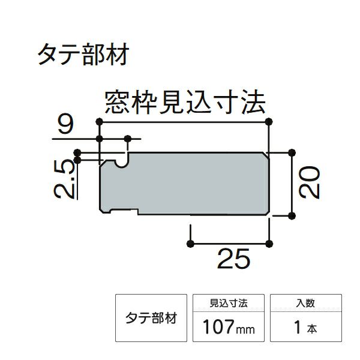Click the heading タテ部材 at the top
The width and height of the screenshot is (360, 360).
[83, 55]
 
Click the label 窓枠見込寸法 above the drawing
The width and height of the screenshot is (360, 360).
[185, 102]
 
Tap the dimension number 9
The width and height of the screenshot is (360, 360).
[65, 125]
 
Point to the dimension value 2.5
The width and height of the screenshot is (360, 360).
[65, 179]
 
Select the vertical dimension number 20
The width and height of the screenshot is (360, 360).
[309, 182]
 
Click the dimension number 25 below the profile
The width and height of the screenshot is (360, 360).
[233, 259]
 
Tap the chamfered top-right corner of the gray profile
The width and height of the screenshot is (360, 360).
[265, 155]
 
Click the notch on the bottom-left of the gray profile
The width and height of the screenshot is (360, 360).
[124, 211]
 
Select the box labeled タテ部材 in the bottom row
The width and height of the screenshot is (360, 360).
[151, 318]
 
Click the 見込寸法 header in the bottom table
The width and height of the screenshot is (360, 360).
[229, 303]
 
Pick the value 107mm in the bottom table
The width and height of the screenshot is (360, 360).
[229, 327]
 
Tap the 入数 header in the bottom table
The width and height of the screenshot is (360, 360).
[305, 303]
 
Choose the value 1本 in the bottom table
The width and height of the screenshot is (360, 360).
[305, 327]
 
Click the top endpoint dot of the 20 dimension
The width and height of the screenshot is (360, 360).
[292, 152]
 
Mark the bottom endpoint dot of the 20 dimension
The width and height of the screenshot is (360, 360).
[292, 216]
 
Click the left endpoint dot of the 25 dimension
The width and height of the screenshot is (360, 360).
[191, 244]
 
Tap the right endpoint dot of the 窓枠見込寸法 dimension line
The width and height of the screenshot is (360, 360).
[269, 122]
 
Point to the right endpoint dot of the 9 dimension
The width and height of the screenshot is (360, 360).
[128, 139]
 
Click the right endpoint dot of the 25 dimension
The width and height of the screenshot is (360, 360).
[269, 244]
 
